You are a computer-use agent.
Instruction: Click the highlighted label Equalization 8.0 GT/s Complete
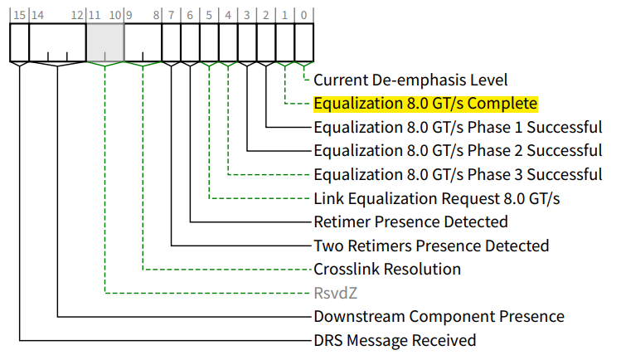click(425, 105)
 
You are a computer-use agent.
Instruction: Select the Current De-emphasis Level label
click(410, 80)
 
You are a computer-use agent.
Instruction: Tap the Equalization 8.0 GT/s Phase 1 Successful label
click(458, 128)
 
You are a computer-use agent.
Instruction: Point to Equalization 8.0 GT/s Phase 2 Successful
click(458, 151)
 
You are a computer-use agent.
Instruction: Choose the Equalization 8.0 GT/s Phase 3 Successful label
click(458, 175)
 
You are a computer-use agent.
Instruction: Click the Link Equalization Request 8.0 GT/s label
click(437, 199)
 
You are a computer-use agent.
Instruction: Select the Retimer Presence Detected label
click(410, 222)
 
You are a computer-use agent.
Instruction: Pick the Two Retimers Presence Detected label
click(431, 246)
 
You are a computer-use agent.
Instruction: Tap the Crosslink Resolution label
click(387, 270)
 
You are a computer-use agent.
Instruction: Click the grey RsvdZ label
click(337, 294)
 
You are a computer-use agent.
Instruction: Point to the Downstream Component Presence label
click(439, 317)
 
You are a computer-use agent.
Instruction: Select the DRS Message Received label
click(395, 341)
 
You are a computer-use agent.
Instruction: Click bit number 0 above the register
click(304, 15)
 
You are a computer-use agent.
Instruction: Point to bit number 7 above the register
click(172, 15)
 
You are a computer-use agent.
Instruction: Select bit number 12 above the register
click(77, 15)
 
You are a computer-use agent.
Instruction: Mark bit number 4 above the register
click(228, 15)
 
